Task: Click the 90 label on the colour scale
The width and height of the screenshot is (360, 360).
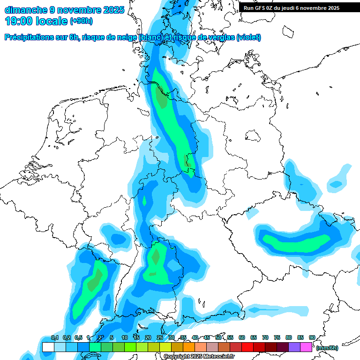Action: (312, 337)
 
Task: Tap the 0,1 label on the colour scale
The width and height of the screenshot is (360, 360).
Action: (55, 337)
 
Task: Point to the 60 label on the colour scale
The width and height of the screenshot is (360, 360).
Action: (242, 337)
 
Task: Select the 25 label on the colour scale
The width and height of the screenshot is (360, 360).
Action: (160, 337)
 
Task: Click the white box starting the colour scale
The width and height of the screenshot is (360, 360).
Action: (48, 347)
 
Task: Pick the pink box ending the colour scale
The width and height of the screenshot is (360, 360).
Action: (306, 347)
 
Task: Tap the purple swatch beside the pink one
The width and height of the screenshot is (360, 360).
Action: (294, 347)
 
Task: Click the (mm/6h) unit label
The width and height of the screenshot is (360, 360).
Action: (327, 348)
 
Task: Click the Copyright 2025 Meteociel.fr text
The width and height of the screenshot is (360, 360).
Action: (199, 357)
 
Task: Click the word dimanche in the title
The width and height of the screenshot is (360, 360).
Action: (26, 10)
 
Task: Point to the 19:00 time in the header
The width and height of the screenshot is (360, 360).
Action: (20, 21)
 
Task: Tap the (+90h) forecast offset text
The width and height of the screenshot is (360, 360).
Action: (81, 22)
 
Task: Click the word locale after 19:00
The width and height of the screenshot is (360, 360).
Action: (52, 21)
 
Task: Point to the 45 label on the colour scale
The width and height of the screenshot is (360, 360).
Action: (207, 337)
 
